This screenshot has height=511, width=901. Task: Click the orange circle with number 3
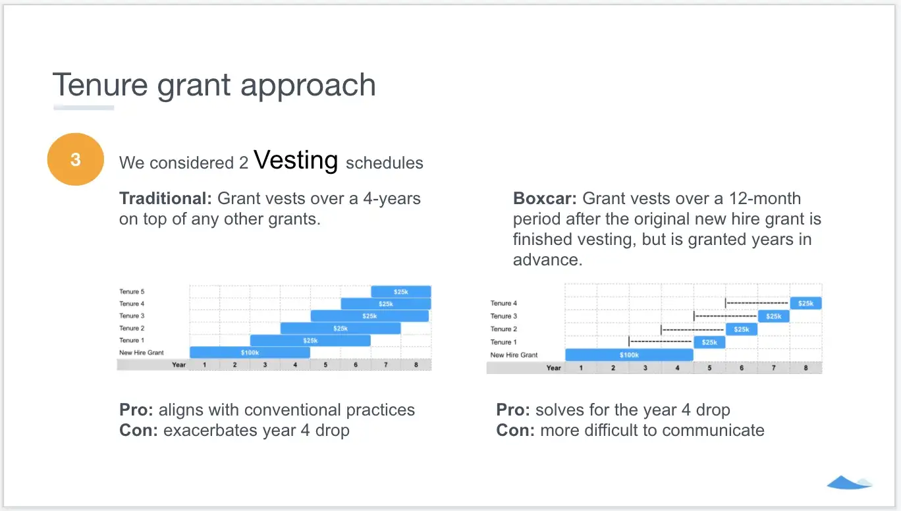pyautogui.click(x=76, y=159)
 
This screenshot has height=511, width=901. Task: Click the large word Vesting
pyautogui.click(x=296, y=160)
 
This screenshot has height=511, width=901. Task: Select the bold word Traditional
pyautogui.click(x=165, y=198)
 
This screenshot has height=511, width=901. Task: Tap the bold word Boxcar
pyautogui.click(x=545, y=198)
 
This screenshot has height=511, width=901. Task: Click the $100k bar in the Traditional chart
pyautogui.click(x=250, y=352)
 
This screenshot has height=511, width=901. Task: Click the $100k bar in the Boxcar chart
pyautogui.click(x=629, y=354)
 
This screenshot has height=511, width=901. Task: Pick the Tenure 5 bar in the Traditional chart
pyautogui.click(x=401, y=292)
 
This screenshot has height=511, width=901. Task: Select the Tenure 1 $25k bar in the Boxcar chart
pyautogui.click(x=709, y=342)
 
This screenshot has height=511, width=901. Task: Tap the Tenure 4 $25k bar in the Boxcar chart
pyautogui.click(x=805, y=303)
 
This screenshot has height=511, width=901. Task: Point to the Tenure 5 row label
pyautogui.click(x=132, y=292)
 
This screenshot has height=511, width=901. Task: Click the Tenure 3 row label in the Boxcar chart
pyautogui.click(x=503, y=316)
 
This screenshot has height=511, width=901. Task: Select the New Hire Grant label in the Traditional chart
pyautogui.click(x=141, y=352)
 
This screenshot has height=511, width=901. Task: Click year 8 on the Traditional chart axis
pyautogui.click(x=416, y=365)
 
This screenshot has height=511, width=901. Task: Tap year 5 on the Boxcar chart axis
pyautogui.click(x=709, y=368)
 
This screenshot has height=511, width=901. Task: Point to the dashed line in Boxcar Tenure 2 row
pyautogui.click(x=693, y=330)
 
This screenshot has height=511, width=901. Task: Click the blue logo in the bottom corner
pyautogui.click(x=849, y=482)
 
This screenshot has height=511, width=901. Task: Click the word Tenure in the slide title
pyautogui.click(x=100, y=85)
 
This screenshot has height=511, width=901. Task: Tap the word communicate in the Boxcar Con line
pyautogui.click(x=713, y=430)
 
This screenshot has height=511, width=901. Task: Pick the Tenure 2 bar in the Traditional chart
pyautogui.click(x=341, y=329)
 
